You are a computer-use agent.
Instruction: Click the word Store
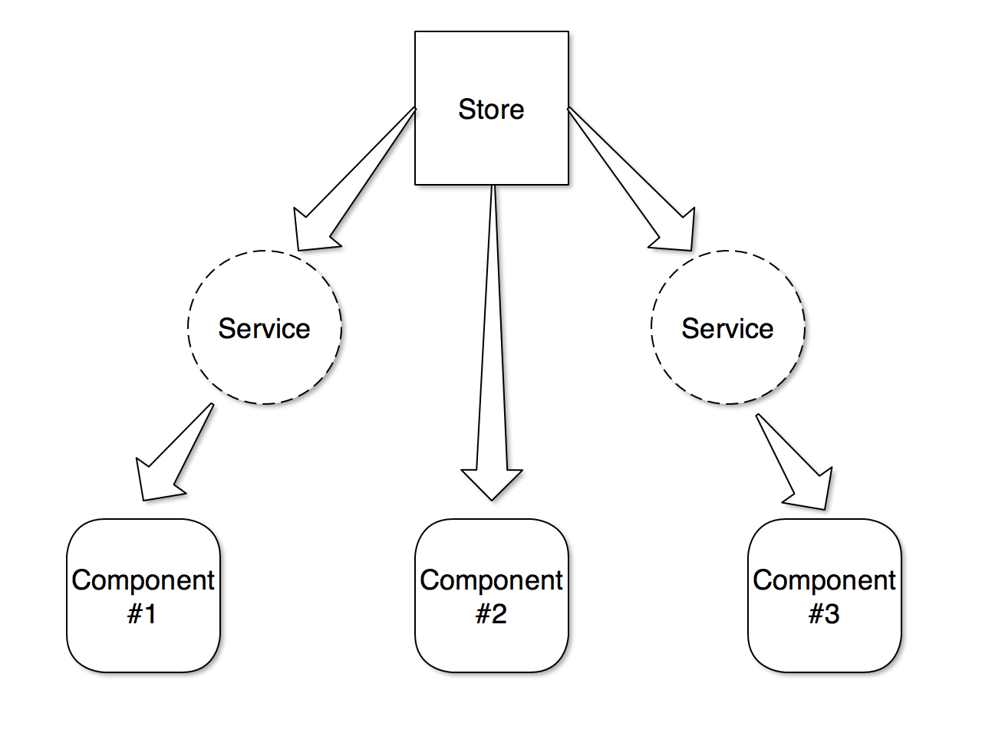coord(491,110)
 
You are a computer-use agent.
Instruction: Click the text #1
coord(142,614)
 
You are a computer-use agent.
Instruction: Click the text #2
coord(491,614)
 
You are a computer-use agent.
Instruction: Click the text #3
coord(824,614)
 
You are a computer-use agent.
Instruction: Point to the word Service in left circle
coord(265,329)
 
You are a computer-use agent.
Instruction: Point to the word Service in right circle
coord(727,329)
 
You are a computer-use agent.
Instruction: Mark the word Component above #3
coord(824,580)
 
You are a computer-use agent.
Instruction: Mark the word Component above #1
coord(143,580)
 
